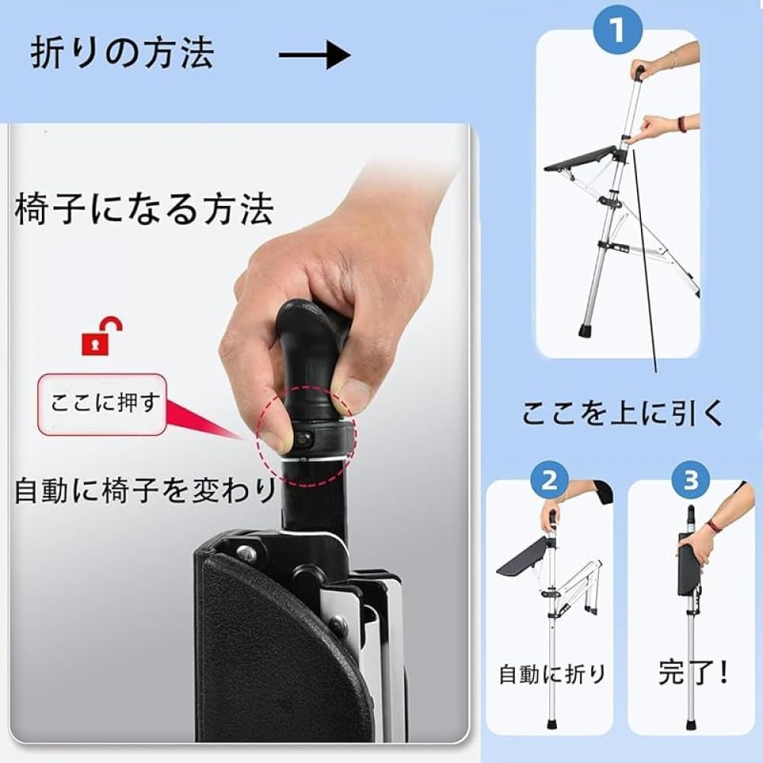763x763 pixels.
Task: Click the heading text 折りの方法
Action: [x=122, y=53]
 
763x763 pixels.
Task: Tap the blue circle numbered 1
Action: [x=616, y=33]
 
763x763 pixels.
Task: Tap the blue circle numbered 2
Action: [x=549, y=481]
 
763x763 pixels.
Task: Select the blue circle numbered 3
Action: [x=691, y=481]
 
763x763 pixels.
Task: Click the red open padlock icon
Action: [x=101, y=335]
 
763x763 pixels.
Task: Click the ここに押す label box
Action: [x=101, y=404]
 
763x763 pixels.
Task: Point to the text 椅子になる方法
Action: [x=143, y=208]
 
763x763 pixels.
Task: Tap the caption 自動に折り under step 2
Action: [x=552, y=673]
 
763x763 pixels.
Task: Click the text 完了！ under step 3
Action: [x=693, y=672]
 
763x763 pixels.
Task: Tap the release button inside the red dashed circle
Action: [x=304, y=440]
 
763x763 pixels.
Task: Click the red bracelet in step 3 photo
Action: [x=713, y=526]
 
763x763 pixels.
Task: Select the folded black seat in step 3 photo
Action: [x=689, y=568]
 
